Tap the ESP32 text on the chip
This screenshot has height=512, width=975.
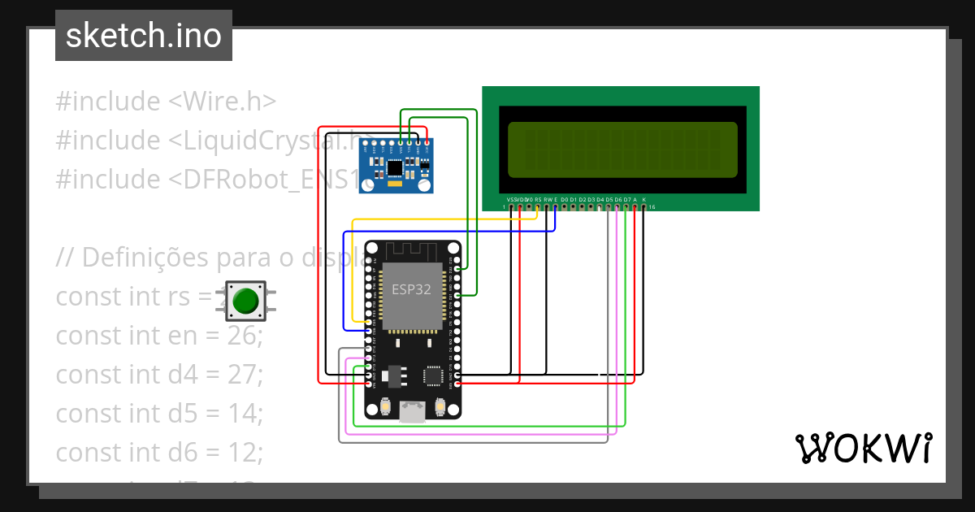click(x=411, y=290)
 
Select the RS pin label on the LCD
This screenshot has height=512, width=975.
click(x=538, y=199)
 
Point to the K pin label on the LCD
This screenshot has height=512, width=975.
click(x=643, y=199)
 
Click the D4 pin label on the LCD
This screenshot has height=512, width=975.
click(x=600, y=199)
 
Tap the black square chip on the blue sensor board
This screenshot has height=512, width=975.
click(x=395, y=168)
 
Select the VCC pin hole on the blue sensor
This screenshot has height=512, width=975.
click(x=427, y=144)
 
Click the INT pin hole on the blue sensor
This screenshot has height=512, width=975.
click(x=365, y=144)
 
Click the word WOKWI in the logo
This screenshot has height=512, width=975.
click(x=863, y=448)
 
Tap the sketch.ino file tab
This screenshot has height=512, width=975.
click(x=144, y=36)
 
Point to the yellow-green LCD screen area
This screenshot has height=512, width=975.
click(x=622, y=150)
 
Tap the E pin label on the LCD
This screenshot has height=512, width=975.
click(x=556, y=199)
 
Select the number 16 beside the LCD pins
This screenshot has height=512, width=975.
click(x=652, y=207)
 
